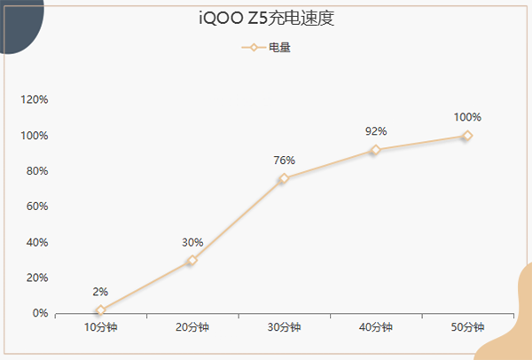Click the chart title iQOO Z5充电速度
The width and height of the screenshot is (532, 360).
(x=265, y=18)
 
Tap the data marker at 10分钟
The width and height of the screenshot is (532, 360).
(x=100, y=310)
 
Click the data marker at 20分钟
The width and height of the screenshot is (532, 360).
(x=192, y=261)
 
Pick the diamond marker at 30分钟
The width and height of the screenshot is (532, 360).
(x=284, y=178)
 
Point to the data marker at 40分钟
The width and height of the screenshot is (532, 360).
(x=376, y=150)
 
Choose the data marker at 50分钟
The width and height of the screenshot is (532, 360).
(x=467, y=136)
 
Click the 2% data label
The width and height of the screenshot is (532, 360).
(x=100, y=291)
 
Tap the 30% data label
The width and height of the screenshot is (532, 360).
(x=192, y=242)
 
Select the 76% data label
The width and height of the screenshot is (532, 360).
(x=284, y=160)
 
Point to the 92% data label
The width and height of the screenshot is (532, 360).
(x=376, y=131)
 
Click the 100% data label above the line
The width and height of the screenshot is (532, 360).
(x=467, y=117)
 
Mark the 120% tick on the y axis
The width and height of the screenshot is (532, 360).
(x=35, y=99)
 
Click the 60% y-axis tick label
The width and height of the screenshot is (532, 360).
(x=37, y=207)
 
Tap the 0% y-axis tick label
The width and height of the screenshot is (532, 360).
(x=40, y=313)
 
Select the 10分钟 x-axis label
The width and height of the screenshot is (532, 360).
(x=100, y=327)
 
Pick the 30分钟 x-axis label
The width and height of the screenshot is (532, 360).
(x=284, y=327)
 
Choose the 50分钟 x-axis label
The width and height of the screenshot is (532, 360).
(x=467, y=327)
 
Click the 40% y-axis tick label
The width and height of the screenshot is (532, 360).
(x=37, y=242)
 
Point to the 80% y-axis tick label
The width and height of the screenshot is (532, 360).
(x=37, y=171)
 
